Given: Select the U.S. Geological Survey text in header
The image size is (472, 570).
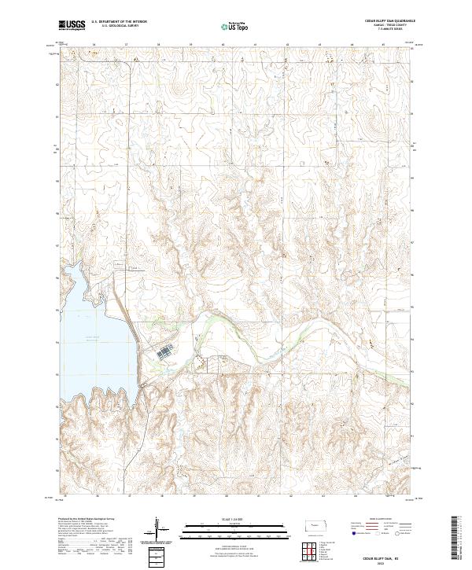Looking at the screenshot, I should (113, 27).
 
